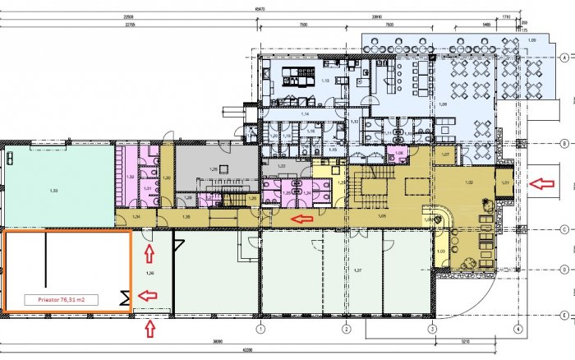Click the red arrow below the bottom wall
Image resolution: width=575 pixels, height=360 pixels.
tap(149, 330)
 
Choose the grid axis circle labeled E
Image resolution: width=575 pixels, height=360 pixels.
tap(565, 315)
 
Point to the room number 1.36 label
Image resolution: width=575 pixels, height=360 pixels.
tap(149, 272)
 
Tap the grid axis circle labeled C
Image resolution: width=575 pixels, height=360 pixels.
tap(565, 230)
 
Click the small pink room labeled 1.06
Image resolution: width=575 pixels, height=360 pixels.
tap(398, 154)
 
